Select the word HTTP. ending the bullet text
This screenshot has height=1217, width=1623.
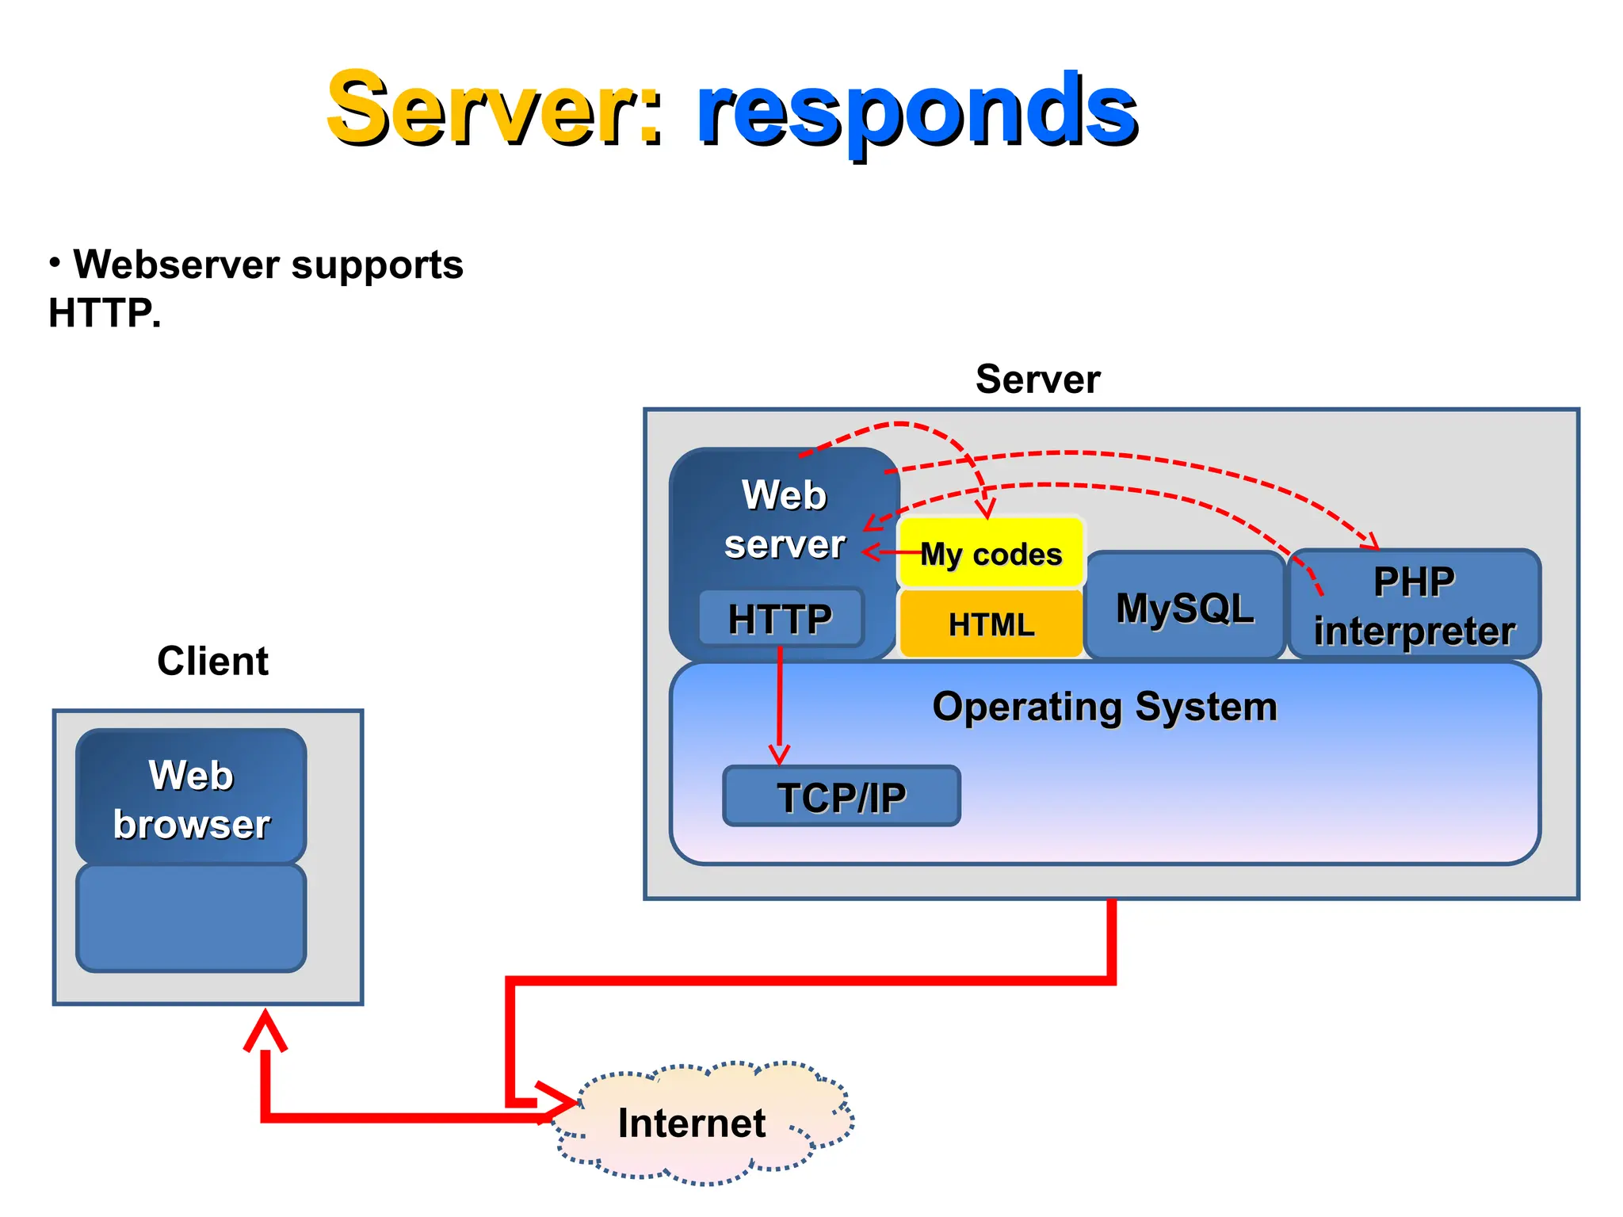click(104, 313)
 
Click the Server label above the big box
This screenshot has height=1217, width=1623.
click(1037, 380)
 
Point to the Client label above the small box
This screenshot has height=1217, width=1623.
click(212, 661)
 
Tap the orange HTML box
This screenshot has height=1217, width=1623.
click(991, 624)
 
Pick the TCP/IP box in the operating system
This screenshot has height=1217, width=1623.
click(841, 796)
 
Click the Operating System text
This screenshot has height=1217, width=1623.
click(1104, 707)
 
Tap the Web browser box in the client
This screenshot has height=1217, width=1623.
click(191, 798)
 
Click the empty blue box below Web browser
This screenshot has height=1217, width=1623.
click(191, 918)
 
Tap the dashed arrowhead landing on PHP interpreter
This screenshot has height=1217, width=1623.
click(1371, 543)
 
